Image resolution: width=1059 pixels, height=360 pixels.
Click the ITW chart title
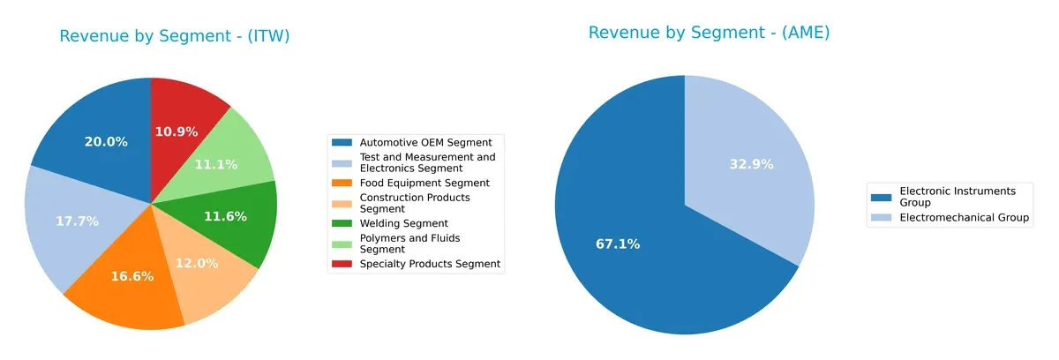[174, 36]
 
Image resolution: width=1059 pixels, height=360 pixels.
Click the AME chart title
[709, 33]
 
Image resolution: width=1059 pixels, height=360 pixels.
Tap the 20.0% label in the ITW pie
[106, 141]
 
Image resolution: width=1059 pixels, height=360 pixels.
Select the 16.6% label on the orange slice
[132, 276]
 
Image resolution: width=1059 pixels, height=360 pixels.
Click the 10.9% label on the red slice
[176, 131]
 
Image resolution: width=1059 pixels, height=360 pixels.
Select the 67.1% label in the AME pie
[618, 244]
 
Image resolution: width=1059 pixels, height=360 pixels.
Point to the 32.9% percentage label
[751, 163]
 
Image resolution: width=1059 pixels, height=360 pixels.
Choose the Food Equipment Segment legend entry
[424, 183]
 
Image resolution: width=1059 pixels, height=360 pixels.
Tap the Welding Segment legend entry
[404, 223]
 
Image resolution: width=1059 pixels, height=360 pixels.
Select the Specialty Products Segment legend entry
[430, 264]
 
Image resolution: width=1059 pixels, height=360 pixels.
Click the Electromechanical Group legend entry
[965, 218]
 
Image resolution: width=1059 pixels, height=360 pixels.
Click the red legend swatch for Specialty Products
[342, 264]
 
